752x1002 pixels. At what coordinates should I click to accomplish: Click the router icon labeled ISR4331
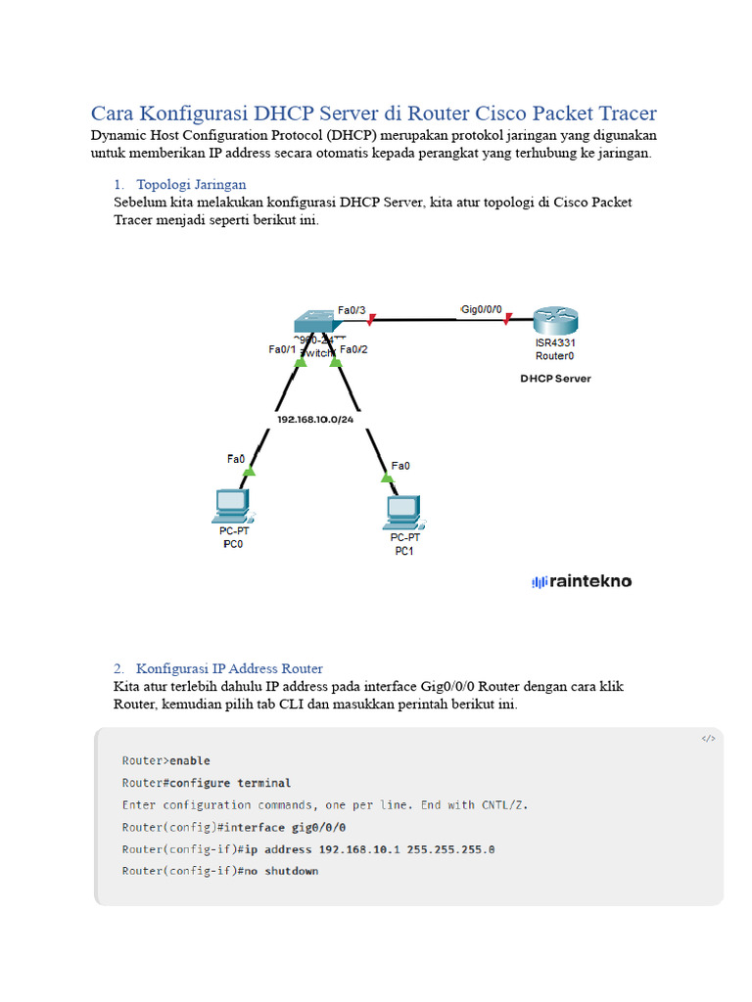(x=556, y=320)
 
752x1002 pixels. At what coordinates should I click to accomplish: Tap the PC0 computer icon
(x=232, y=505)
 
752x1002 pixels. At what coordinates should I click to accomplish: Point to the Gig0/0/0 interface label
(x=481, y=309)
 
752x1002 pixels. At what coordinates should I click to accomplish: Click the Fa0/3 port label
(x=352, y=310)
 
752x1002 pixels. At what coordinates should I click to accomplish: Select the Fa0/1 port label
(x=282, y=349)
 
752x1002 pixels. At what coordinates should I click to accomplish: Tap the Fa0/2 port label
(x=353, y=349)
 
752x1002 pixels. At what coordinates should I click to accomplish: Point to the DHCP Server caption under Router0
(x=555, y=379)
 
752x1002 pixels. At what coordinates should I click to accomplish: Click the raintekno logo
(x=582, y=581)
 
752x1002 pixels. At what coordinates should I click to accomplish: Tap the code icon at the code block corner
(x=708, y=739)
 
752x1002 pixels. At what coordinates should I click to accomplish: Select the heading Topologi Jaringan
(x=191, y=184)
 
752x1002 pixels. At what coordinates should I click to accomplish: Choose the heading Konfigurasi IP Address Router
(x=229, y=668)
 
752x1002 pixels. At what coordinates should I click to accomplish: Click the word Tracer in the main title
(x=623, y=113)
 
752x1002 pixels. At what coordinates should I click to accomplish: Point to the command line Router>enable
(x=165, y=760)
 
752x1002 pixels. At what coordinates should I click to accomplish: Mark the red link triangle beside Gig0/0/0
(x=506, y=318)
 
